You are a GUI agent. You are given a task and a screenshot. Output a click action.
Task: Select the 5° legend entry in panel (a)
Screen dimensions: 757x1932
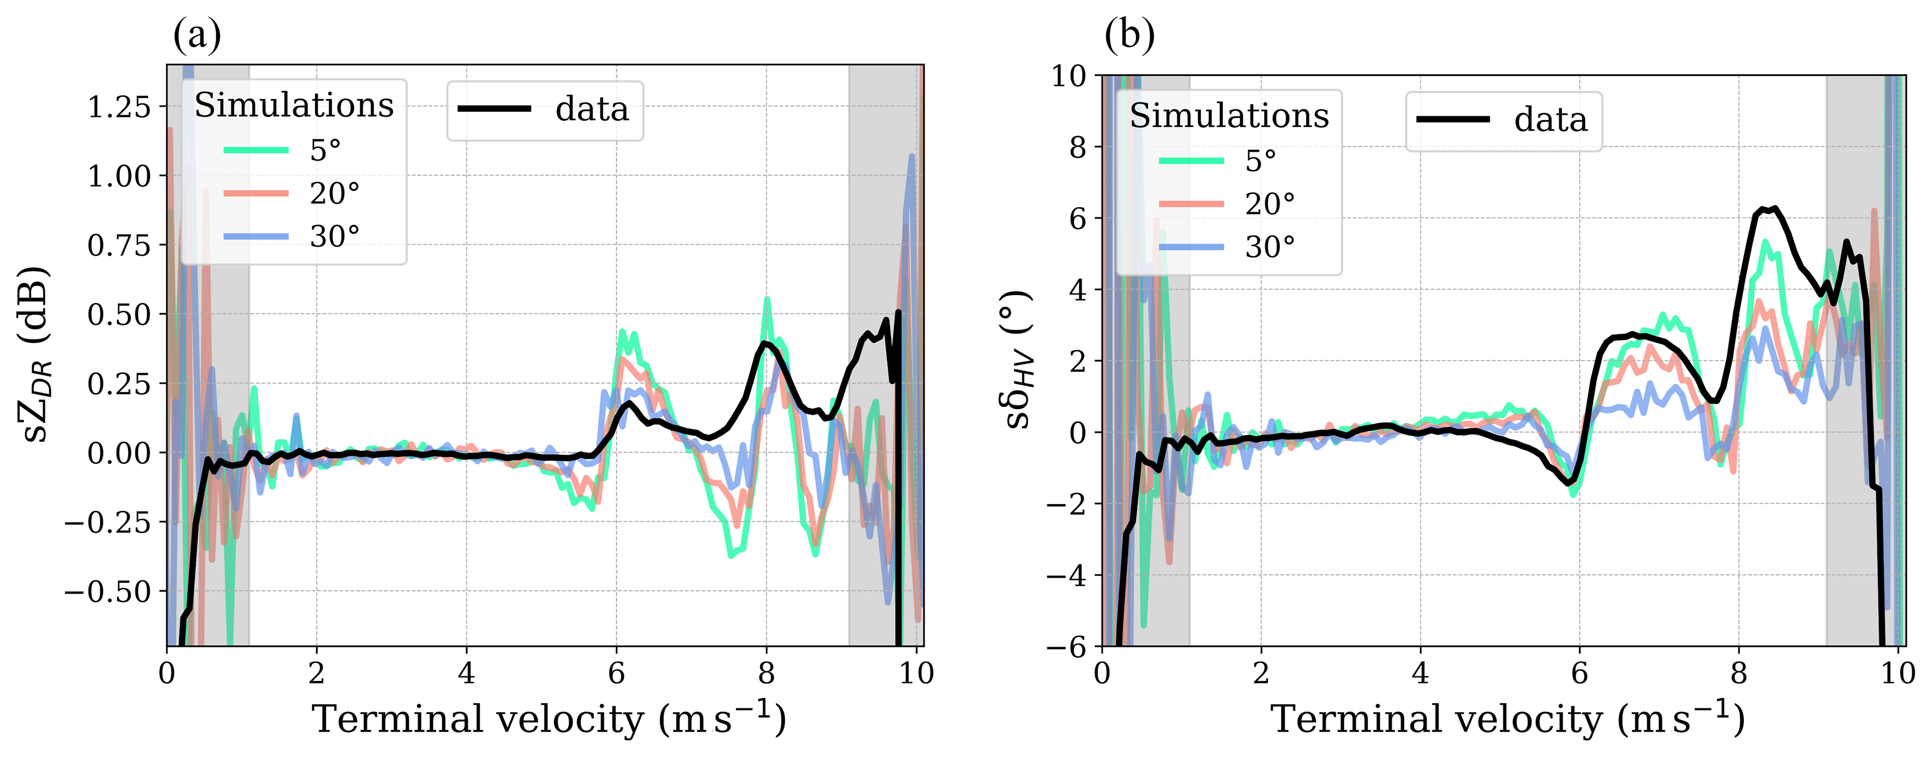click(x=325, y=151)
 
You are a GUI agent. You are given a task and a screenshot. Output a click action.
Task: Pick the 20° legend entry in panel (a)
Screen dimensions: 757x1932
click(x=334, y=193)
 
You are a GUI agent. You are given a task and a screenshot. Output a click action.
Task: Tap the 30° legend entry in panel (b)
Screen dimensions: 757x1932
click(x=1270, y=247)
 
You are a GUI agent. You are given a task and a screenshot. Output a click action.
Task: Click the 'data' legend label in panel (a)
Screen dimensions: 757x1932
click(x=592, y=109)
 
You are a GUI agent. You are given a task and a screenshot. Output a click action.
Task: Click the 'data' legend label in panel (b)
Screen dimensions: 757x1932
click(x=1550, y=120)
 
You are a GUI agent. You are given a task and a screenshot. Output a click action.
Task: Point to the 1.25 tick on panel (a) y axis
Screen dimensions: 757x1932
click(x=119, y=107)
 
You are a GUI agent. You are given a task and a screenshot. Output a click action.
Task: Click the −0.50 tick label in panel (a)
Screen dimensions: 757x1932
click(x=107, y=591)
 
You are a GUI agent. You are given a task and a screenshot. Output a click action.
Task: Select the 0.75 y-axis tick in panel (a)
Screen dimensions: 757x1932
click(x=119, y=245)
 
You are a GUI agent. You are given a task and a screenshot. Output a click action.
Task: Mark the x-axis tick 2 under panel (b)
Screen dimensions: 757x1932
click(x=1261, y=673)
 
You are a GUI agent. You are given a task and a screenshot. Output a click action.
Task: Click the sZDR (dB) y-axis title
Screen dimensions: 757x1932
click(x=35, y=354)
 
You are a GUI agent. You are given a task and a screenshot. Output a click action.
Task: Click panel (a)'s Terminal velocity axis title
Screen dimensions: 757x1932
click(x=548, y=719)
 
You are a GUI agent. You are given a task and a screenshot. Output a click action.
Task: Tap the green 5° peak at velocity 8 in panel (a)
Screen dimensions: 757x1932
click(x=766, y=300)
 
